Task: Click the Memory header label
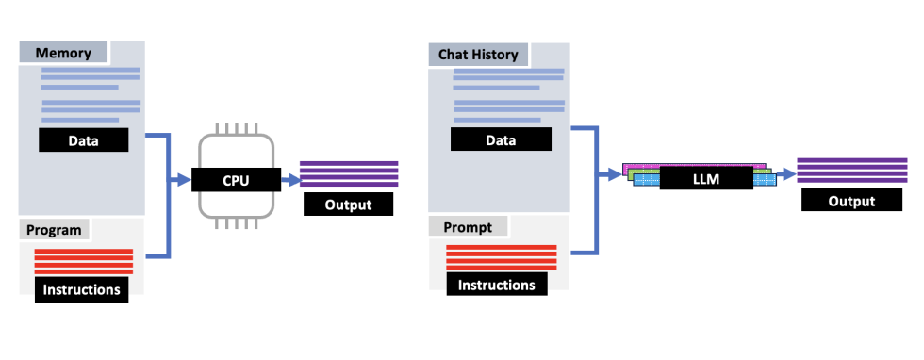pos(63,53)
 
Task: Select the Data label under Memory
pos(84,140)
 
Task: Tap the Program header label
pos(54,229)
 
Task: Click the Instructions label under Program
pos(83,289)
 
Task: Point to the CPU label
pos(236,178)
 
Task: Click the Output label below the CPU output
pos(348,205)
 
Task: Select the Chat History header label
pos(478,54)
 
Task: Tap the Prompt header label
pos(468,226)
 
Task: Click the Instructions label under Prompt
pos(496,284)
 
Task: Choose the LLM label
pos(704,176)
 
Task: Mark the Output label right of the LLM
pos(851,201)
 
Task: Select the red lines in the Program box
pos(84,261)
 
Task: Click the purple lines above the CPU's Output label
pos(349,174)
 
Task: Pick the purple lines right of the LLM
pos(850,171)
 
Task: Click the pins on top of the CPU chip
pos(236,129)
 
